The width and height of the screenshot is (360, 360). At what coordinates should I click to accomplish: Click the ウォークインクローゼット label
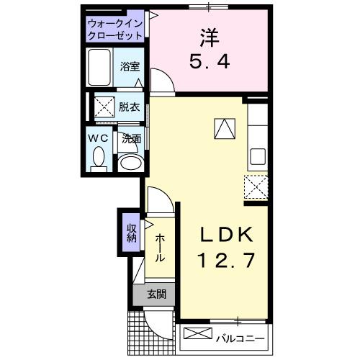click(115, 30)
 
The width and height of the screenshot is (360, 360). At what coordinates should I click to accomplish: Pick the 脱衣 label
click(130, 106)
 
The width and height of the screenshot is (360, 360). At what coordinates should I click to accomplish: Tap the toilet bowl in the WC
click(100, 157)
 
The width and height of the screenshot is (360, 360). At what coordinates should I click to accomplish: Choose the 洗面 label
click(130, 138)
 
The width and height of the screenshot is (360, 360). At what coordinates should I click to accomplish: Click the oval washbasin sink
click(130, 163)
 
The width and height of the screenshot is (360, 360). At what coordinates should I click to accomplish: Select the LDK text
click(225, 235)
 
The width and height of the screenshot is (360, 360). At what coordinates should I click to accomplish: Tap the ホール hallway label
click(159, 248)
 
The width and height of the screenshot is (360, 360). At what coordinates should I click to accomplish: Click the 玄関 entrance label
click(156, 294)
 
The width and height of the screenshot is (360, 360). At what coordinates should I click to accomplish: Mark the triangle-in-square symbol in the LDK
click(225, 127)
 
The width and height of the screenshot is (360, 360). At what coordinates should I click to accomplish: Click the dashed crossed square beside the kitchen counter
click(256, 186)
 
